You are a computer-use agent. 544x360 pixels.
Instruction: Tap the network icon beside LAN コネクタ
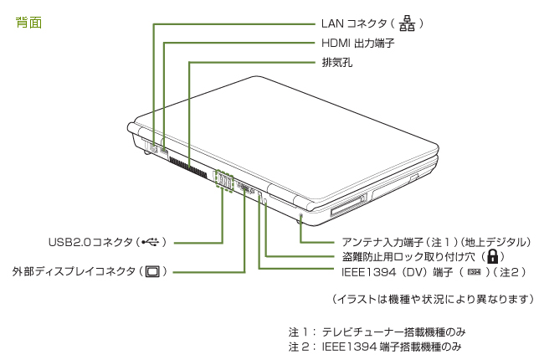click(408, 23)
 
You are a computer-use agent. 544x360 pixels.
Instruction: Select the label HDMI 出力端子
click(357, 43)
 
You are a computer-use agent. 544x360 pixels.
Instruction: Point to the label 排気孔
click(336, 62)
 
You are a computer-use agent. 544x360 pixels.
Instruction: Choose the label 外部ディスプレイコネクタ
click(73, 271)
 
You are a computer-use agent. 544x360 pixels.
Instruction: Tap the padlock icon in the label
click(493, 257)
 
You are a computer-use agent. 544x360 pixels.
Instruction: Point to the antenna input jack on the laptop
click(300, 219)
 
